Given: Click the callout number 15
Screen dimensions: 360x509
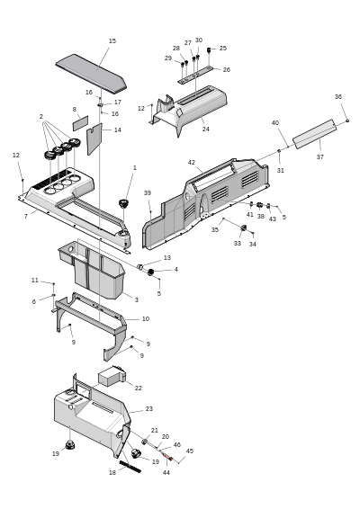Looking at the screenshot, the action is (x=112, y=40).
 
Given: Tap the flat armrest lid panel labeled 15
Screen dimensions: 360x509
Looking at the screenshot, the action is (x=91, y=72).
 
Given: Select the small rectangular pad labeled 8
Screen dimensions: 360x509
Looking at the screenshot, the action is (x=80, y=123).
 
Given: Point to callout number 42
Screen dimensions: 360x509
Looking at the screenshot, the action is (x=192, y=162).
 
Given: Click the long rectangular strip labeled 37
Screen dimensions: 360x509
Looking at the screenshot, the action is (x=314, y=134).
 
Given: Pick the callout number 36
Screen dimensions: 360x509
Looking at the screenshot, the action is (x=338, y=97).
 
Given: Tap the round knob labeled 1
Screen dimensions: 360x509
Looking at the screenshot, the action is (x=123, y=203).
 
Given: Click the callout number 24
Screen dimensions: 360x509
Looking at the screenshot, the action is (x=206, y=129).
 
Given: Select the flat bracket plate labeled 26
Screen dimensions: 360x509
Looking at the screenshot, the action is (x=195, y=75).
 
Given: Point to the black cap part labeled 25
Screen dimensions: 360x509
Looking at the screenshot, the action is (x=209, y=49).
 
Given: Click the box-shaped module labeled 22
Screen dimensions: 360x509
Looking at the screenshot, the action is (x=112, y=377).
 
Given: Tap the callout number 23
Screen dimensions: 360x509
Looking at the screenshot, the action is (x=149, y=408).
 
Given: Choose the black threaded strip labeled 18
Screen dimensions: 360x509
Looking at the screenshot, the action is (x=130, y=467).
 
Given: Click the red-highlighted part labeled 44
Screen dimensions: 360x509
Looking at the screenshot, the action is (x=167, y=457).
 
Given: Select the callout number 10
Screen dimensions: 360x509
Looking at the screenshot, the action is (x=146, y=318).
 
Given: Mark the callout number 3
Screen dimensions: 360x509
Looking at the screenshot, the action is (x=137, y=300).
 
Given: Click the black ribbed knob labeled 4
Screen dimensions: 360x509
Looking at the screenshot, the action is (x=150, y=272).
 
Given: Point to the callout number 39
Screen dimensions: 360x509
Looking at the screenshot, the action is (x=148, y=192).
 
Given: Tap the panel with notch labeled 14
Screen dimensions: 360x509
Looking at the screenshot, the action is (x=94, y=138).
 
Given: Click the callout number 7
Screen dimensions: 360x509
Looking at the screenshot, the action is (x=26, y=216).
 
